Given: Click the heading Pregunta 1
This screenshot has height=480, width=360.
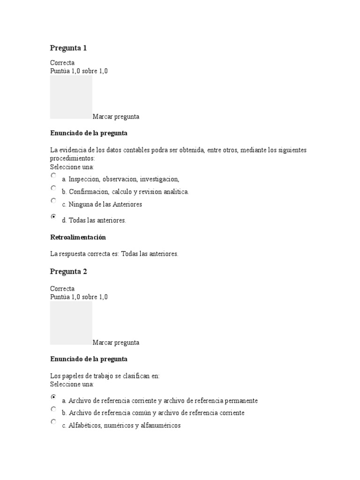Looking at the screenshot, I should coord(68,48).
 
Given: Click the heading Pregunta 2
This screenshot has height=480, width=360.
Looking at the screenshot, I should coord(68,271).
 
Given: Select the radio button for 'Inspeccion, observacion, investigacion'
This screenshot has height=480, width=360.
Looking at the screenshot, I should coord(53,175).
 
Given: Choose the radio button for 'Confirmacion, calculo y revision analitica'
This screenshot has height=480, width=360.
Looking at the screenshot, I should coord(53,188).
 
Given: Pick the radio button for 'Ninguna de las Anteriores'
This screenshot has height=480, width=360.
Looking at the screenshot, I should coord(53,201).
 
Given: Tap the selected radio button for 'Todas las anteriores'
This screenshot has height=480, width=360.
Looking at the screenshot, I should coord(53,217).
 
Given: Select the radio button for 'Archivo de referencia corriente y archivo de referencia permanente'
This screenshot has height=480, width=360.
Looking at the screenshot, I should coord(53,397).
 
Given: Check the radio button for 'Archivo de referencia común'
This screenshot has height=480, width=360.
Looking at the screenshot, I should coord(53,409).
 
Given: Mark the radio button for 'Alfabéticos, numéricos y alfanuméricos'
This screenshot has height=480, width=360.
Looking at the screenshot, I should coord(53,422).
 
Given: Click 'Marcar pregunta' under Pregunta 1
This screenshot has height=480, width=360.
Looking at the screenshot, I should coord(116,117).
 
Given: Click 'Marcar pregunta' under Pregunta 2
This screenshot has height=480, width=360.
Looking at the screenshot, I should coord(116,343).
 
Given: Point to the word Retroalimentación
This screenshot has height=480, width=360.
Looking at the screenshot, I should coord(78,237).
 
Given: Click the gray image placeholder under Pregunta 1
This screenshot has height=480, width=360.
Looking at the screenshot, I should coord(71,97).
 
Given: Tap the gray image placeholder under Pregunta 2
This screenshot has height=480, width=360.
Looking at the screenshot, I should coord(71,322).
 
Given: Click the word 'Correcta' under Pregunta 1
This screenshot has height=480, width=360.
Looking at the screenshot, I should coord(62,63).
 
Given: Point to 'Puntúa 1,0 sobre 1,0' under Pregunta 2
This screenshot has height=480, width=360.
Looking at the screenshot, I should coord(79,297).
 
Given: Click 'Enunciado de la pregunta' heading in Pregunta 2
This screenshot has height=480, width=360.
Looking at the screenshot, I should coord(89,359).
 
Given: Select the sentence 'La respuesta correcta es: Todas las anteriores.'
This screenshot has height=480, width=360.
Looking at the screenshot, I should coord(114,254).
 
